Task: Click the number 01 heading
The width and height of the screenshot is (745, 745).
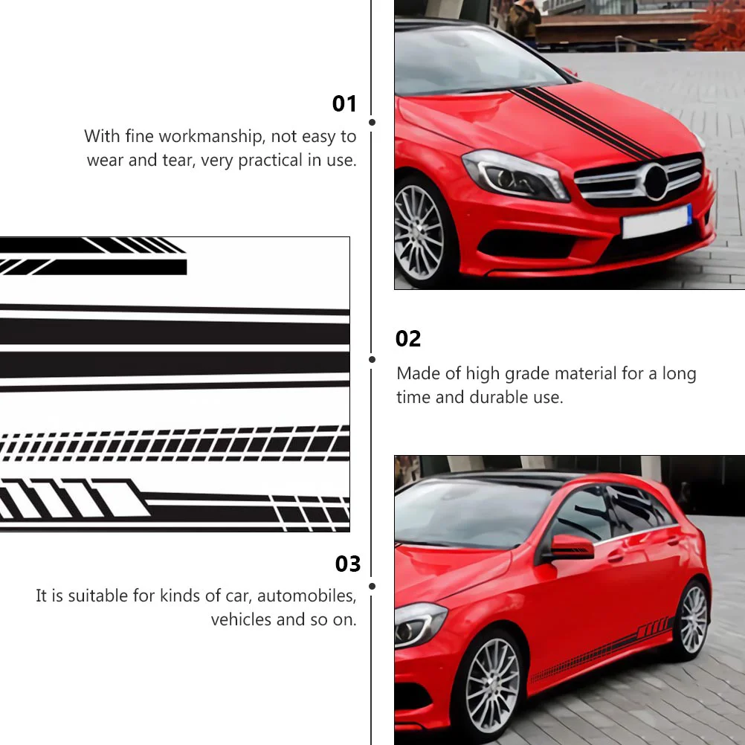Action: [x=344, y=103]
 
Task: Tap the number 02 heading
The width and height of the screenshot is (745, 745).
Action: [x=408, y=339]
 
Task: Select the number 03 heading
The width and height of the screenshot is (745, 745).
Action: [x=348, y=564]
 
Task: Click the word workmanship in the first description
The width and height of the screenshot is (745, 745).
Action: [x=211, y=136]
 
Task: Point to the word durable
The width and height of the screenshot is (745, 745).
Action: [x=499, y=397]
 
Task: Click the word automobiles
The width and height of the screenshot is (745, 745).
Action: [x=306, y=596]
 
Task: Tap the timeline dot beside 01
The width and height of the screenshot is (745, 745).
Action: [x=372, y=122]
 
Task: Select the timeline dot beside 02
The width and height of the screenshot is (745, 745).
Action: [x=372, y=360]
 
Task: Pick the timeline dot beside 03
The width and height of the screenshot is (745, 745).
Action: [x=372, y=587]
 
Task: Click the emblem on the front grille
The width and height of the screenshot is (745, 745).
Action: [x=657, y=182]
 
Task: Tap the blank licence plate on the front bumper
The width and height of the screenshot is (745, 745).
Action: [x=657, y=221]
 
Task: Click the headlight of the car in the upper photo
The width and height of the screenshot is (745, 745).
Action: [x=515, y=175]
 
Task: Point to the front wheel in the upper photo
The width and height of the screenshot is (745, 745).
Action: [x=419, y=233]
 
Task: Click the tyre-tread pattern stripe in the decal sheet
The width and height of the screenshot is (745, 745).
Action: [x=175, y=445]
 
